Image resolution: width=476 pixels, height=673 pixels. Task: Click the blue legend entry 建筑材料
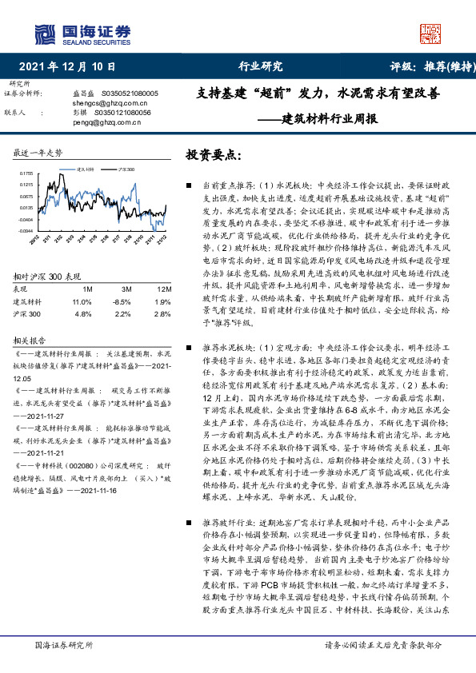(x=86, y=170)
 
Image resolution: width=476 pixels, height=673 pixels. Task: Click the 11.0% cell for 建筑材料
(x=82, y=301)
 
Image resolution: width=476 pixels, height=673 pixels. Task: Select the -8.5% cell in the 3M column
(x=120, y=301)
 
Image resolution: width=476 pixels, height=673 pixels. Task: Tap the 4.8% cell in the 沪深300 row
(x=82, y=314)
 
